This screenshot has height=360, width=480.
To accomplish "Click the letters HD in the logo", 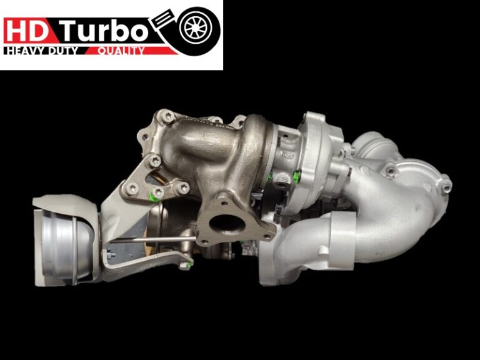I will click(x=26, y=31).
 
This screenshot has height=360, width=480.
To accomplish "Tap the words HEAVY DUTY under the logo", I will click(x=41, y=51).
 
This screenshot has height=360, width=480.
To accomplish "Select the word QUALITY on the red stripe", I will click(x=121, y=51).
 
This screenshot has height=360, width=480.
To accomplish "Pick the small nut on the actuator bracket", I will click(x=111, y=256).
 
